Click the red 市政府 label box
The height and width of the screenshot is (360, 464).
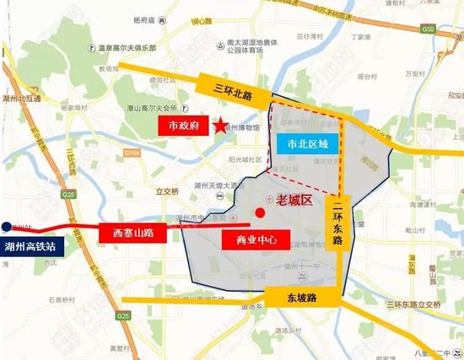tap(184, 127)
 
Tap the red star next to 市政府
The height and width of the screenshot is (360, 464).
tap(219, 127)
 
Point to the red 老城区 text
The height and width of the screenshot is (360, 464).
tap(294, 200)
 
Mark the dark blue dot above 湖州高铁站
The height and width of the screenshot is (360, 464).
tap(6, 227)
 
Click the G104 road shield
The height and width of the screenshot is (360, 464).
tap(132, 153)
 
